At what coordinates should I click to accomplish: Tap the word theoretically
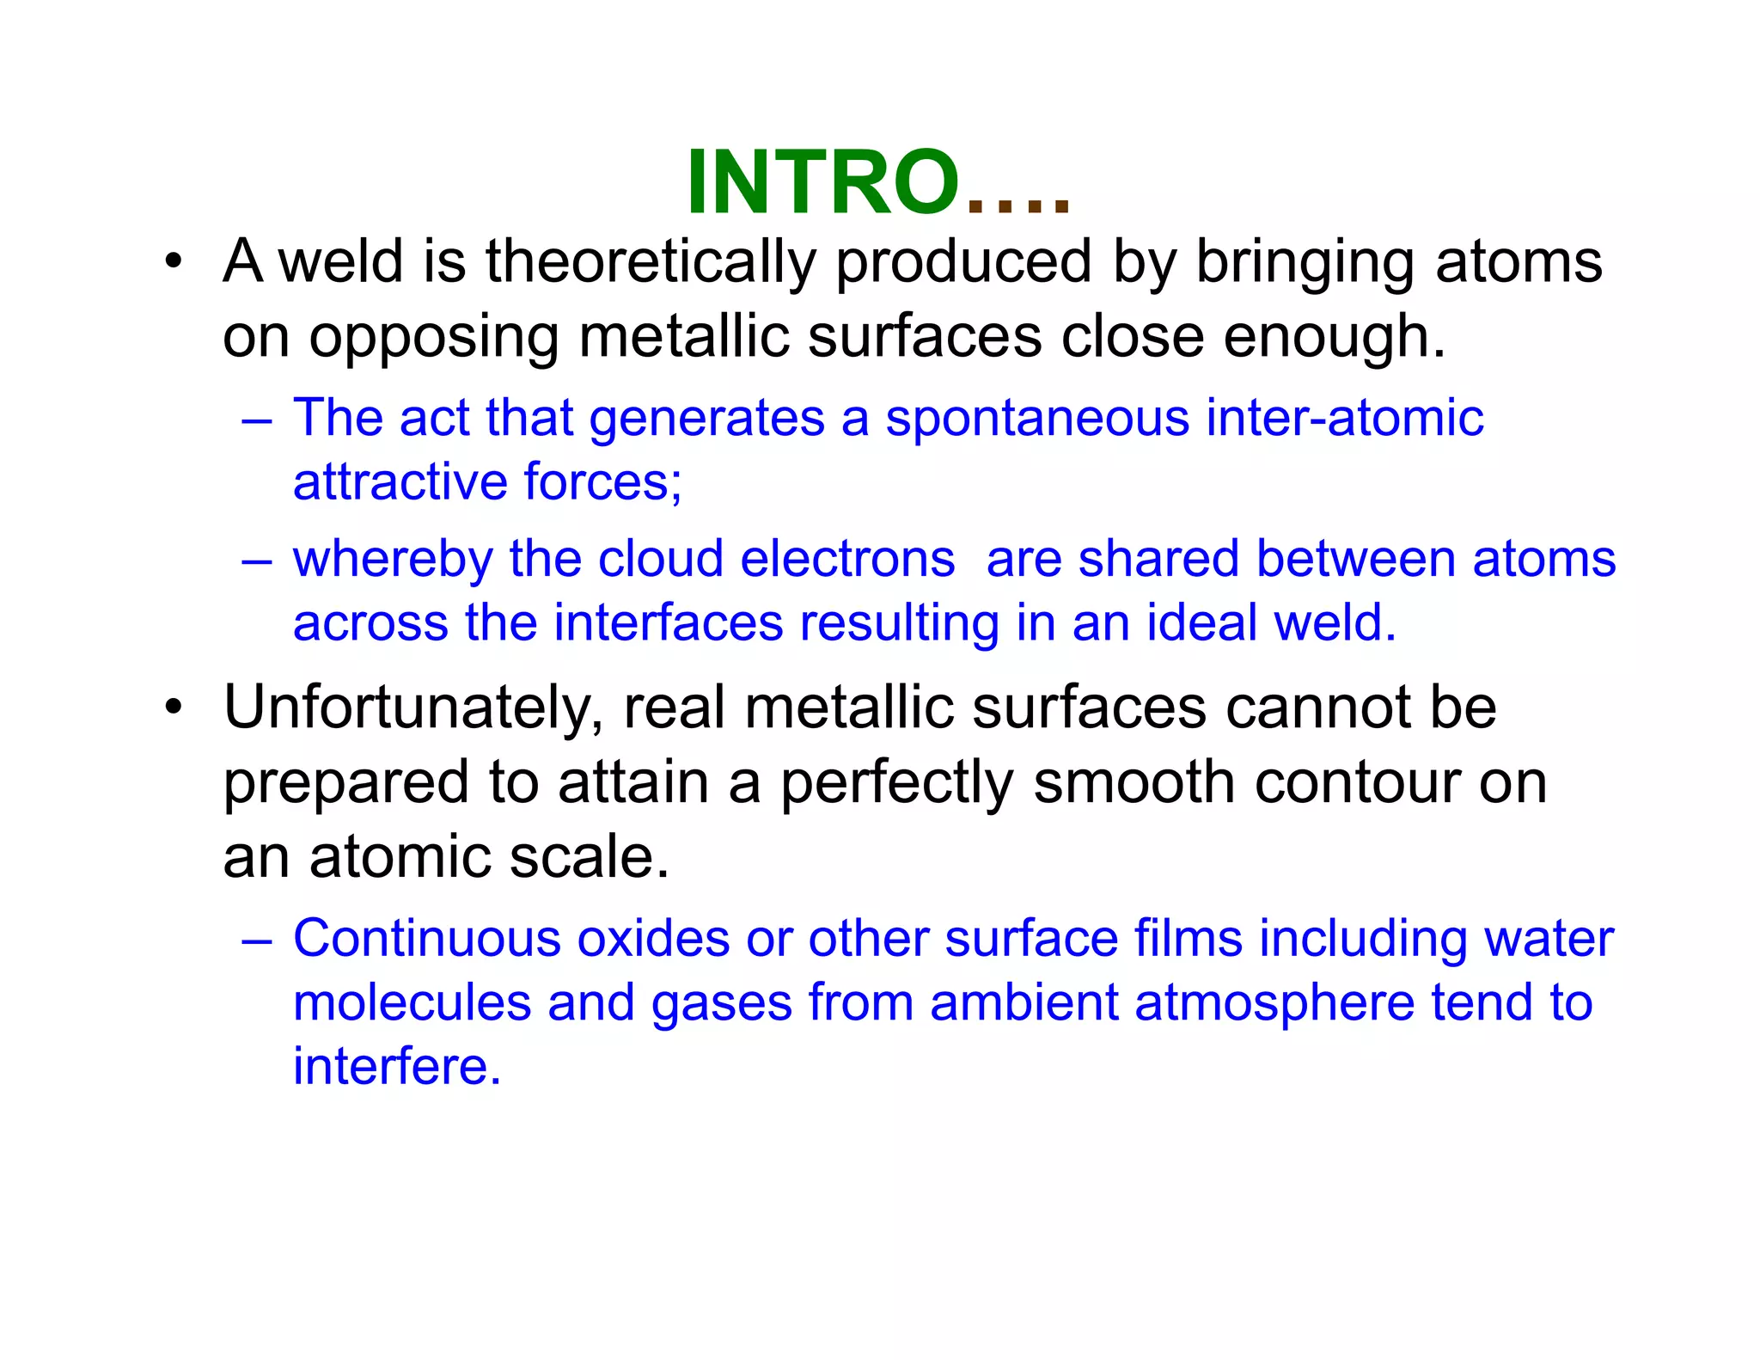(x=651, y=261)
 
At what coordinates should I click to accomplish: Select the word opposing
(x=434, y=337)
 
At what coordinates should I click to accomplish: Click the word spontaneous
(x=1037, y=419)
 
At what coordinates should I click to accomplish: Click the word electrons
(x=847, y=560)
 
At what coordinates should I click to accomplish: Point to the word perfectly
(x=897, y=784)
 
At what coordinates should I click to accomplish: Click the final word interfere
(x=397, y=1067)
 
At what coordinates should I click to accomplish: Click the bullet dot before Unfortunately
(x=174, y=709)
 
